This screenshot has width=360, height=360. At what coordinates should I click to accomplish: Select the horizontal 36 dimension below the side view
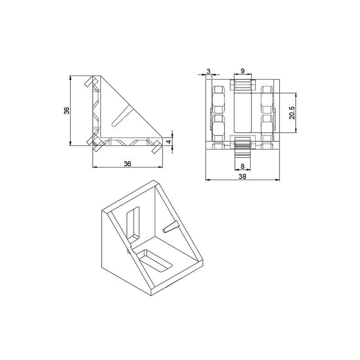127,164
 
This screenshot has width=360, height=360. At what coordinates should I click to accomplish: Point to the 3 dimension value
208,71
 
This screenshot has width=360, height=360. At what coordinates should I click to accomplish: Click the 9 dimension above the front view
243,71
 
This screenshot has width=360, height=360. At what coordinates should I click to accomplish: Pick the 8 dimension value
243,166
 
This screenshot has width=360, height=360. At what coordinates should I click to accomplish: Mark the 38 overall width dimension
242,177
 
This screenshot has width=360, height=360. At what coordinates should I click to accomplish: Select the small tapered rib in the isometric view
170,227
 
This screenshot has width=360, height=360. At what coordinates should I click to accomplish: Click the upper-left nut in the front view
218,99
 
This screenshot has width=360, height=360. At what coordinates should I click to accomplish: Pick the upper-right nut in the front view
267,99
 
